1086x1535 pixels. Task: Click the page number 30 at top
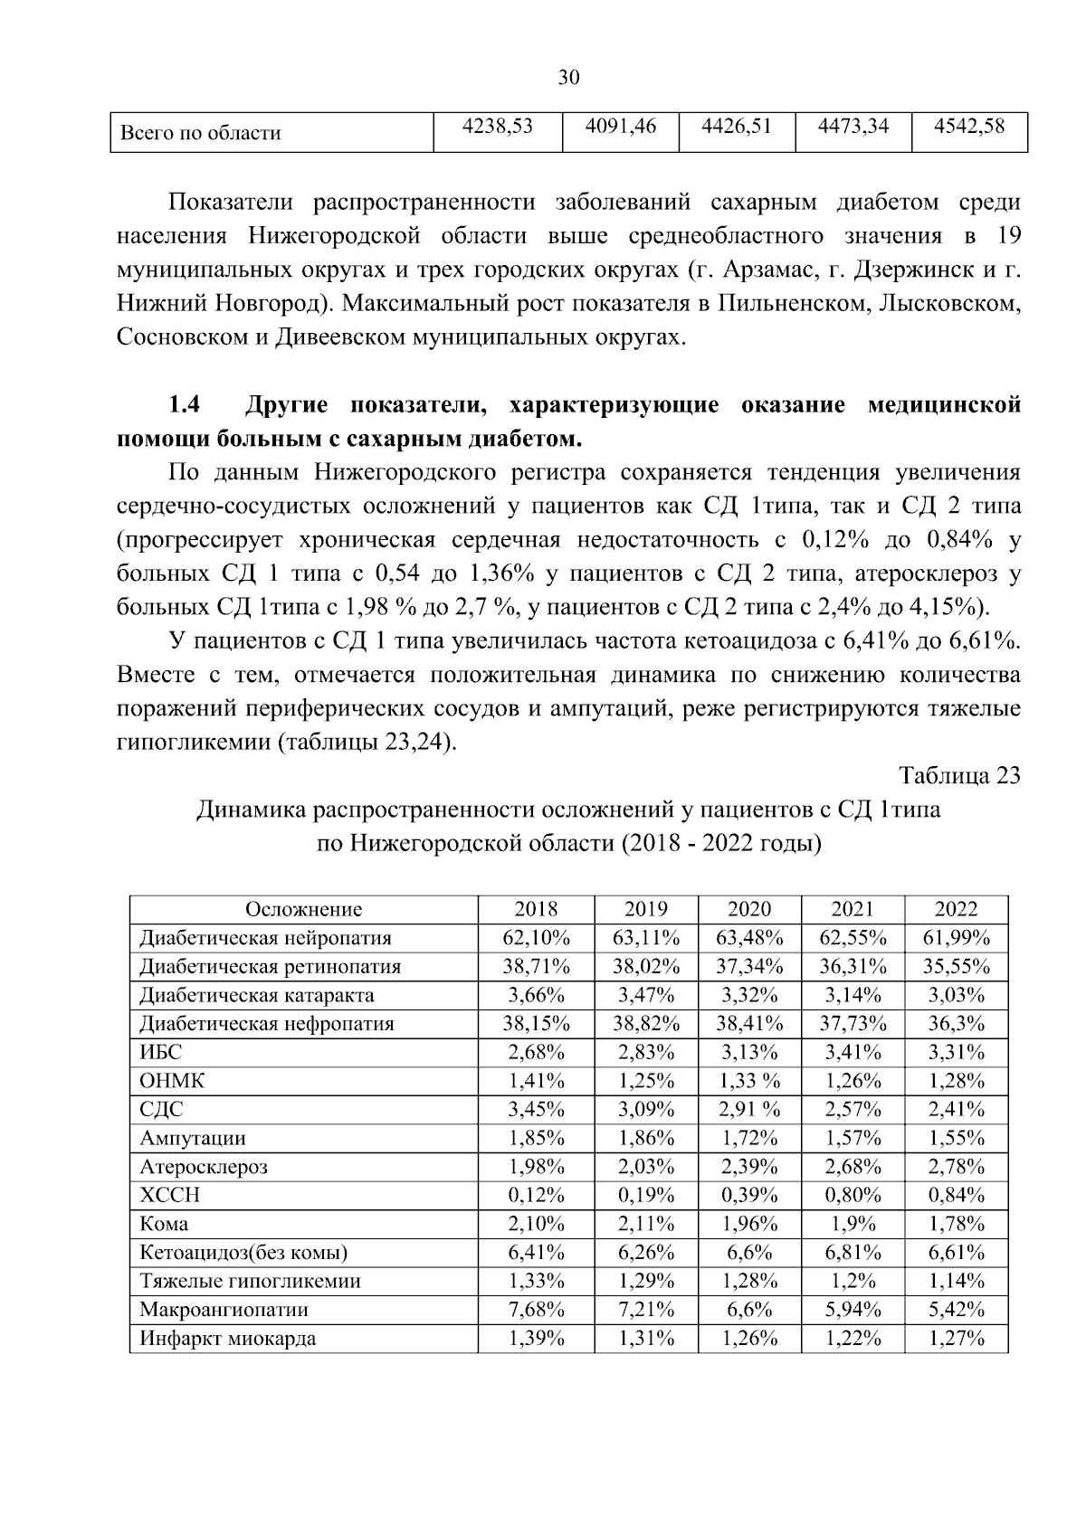(568, 78)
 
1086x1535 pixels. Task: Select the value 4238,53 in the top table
(497, 127)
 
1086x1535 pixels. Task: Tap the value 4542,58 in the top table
(969, 127)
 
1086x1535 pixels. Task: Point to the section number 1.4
(186, 404)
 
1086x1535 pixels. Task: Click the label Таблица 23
(959, 775)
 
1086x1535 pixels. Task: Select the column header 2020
(749, 909)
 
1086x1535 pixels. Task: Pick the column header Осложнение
(303, 909)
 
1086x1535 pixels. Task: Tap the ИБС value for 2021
(853, 1052)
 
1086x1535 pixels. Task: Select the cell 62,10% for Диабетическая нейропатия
(536, 937)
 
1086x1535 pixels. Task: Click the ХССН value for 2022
(956, 1195)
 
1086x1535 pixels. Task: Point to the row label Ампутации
(192, 1138)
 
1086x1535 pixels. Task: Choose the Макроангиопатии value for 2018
(536, 1310)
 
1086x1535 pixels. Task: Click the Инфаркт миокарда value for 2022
(956, 1339)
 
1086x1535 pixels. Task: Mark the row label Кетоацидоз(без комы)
(243, 1253)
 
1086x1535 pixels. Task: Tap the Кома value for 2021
(853, 1224)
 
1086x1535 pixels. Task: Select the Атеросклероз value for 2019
(646, 1167)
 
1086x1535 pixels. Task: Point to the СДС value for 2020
(749, 1109)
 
